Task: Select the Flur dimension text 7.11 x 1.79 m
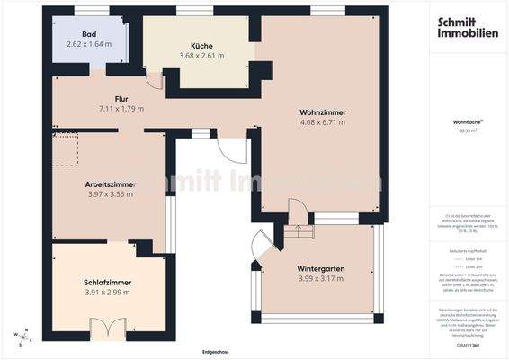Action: [121, 108]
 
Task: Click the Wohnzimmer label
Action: [323, 112]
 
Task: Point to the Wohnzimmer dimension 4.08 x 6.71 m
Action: [323, 122]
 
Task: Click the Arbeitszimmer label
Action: [110, 184]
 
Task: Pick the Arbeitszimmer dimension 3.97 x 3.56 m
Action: [110, 193]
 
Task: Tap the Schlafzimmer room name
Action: [107, 283]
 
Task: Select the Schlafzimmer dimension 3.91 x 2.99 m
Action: [107, 292]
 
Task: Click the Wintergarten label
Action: [320, 269]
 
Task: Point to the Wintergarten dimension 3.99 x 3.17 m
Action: [320, 279]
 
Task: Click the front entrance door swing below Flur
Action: [231, 148]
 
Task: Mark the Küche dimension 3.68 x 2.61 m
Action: [201, 55]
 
